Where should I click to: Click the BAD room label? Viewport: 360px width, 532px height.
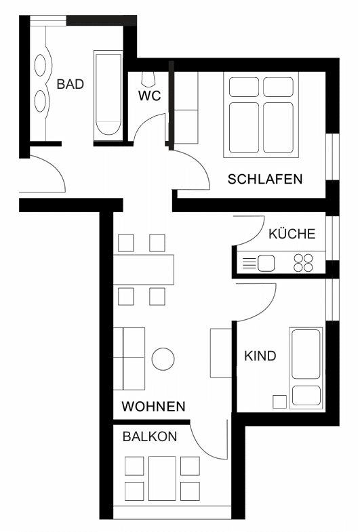71,84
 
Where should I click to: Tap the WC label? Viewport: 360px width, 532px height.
149,96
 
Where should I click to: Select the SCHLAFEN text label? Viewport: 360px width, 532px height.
264,179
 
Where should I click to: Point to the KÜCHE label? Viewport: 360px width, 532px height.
292,233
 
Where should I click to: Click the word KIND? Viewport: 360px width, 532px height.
260,356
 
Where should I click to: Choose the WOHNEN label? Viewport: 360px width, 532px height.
153,406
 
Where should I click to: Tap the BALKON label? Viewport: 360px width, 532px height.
150,436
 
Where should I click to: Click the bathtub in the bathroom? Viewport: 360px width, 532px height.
108,96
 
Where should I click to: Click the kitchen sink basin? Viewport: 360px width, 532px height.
266,263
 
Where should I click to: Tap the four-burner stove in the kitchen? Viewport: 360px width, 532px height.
303,263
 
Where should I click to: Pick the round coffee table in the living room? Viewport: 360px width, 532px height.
163,359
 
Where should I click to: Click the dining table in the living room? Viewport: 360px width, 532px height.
144,270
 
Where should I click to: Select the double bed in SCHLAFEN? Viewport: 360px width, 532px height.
261,115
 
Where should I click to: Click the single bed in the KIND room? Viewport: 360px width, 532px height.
306,368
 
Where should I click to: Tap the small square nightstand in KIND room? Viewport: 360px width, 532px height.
279,402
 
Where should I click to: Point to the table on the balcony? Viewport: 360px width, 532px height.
162,478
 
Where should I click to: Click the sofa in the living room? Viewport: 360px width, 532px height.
129,359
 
